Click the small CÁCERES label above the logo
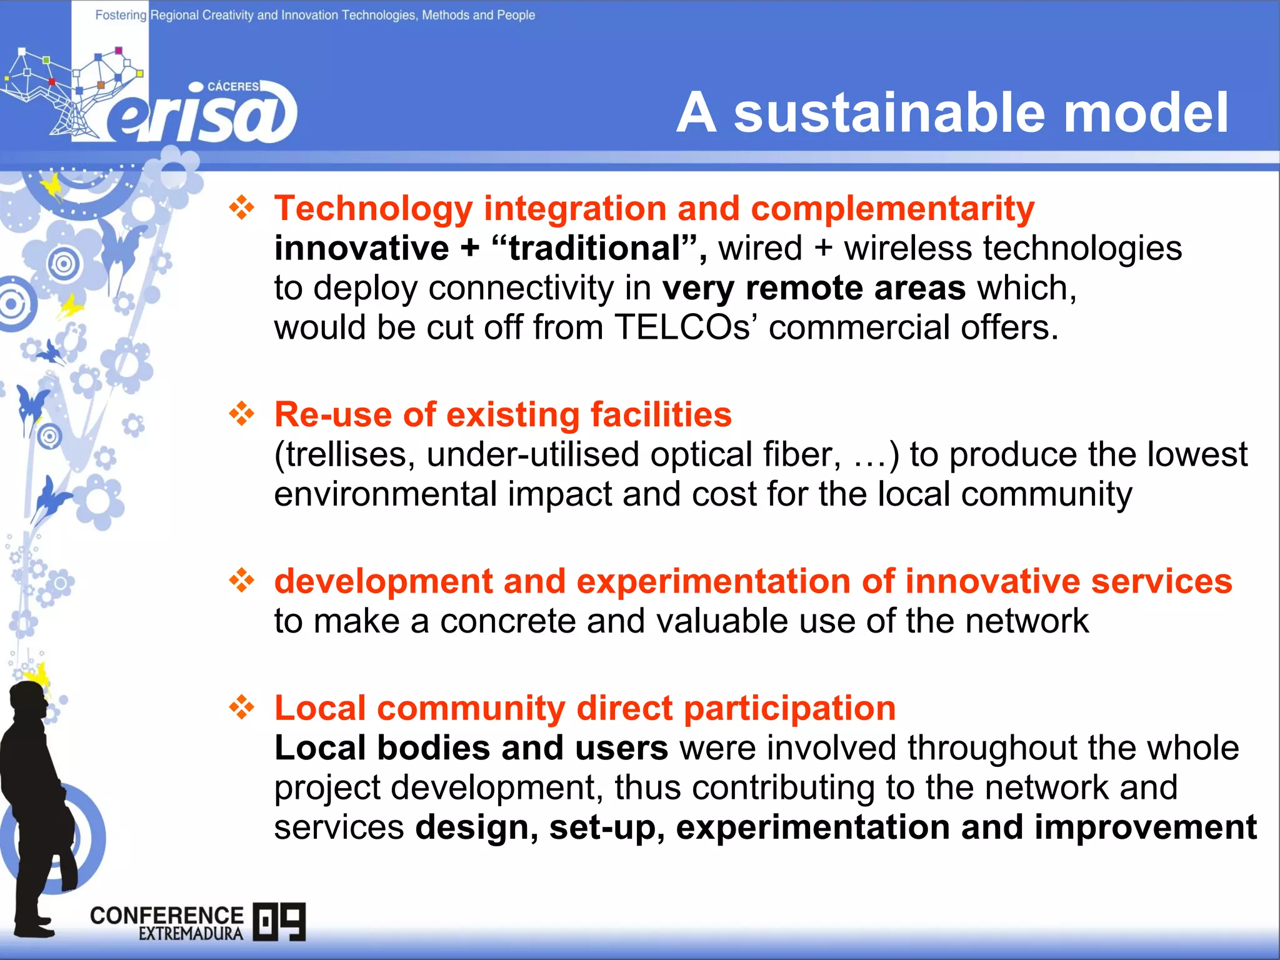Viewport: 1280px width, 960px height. pos(232,86)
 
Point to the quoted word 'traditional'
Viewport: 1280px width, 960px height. pos(594,248)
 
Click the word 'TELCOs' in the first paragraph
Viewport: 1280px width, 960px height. pos(682,327)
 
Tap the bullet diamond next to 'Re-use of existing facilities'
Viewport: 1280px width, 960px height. pos(242,414)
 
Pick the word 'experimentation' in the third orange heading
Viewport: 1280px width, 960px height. pos(713,581)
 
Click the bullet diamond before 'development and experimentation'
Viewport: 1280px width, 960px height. pos(242,581)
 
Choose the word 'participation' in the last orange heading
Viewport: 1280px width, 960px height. pos(789,708)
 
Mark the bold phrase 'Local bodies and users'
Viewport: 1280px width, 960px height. pos(471,748)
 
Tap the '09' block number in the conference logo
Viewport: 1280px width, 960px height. pos(279,921)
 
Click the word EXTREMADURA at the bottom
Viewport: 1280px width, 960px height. pos(191,934)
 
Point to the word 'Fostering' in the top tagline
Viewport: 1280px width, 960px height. pos(121,15)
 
